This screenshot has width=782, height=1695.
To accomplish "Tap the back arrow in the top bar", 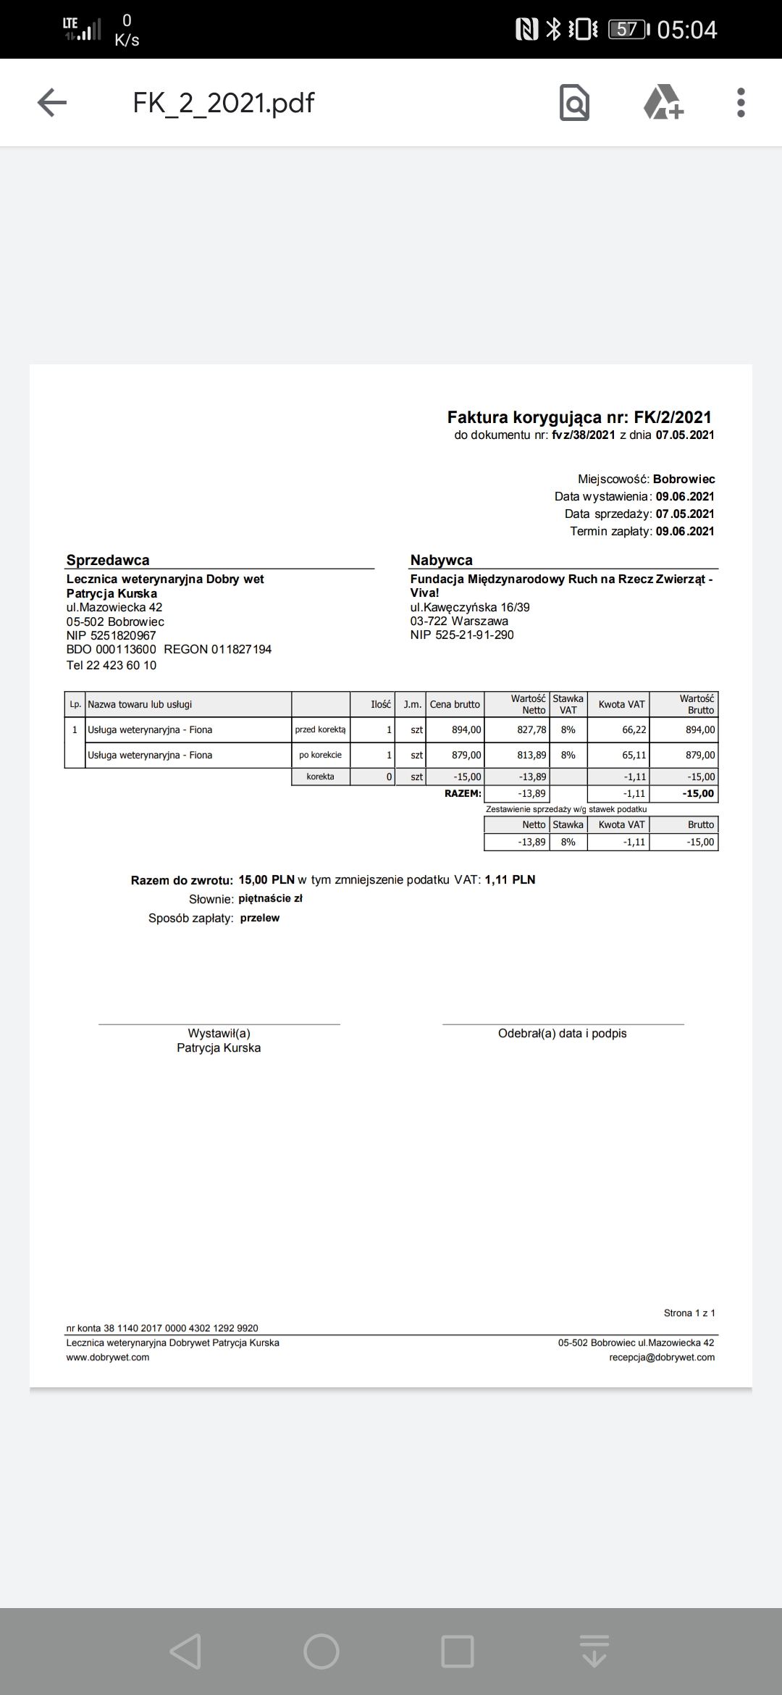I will point(52,102).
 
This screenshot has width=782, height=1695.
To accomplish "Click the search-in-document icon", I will point(574,102).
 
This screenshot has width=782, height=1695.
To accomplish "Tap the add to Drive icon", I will point(663,102).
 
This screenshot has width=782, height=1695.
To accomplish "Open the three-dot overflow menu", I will point(740,102).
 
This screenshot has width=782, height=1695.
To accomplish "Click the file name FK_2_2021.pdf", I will point(223,103).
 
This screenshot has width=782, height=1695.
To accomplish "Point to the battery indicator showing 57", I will point(628,30).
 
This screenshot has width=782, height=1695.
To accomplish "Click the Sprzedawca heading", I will point(108,560).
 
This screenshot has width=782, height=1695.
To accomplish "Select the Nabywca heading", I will point(441,560).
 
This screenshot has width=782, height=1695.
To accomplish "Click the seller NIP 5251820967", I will point(111,635).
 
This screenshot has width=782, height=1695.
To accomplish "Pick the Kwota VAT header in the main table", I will point(621,704).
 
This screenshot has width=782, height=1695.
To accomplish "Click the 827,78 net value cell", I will point(531,729).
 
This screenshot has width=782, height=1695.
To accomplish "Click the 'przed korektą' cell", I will point(320,729).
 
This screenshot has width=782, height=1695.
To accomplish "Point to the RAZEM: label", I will point(463,793).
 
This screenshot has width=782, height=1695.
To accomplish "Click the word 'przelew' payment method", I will point(259,918).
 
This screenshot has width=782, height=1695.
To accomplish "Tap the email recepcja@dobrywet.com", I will point(662,1357).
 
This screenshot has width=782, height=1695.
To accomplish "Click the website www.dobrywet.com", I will point(108,1357).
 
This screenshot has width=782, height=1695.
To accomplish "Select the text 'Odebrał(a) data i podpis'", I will point(562,1034).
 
